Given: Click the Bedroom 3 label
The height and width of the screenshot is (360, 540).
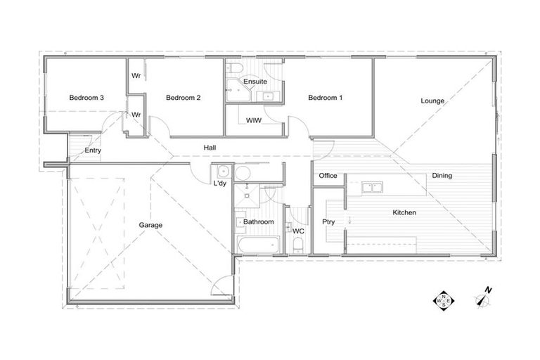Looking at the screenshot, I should pyautogui.click(x=86, y=98).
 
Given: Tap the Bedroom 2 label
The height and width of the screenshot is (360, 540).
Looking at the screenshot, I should pyautogui.click(x=184, y=98).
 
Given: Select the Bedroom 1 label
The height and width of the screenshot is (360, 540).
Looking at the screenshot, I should pyautogui.click(x=325, y=98).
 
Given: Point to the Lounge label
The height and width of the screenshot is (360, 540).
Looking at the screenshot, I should pyautogui.click(x=432, y=101).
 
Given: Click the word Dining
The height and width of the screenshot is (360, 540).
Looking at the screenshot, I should pyautogui.click(x=442, y=176).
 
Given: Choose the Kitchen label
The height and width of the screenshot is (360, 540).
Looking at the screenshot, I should pyautogui.click(x=404, y=212).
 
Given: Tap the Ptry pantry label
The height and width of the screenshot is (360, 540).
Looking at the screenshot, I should pyautogui.click(x=328, y=222).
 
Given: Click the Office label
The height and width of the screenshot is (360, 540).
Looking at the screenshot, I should pyautogui.click(x=328, y=176).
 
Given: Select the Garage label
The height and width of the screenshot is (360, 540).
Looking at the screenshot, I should pyautogui.click(x=150, y=225).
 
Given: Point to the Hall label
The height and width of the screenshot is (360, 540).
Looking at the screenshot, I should pyautogui.click(x=210, y=148).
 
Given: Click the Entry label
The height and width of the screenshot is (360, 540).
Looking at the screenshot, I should pyautogui.click(x=92, y=150).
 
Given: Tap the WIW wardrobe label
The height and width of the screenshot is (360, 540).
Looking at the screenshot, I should pyautogui.click(x=254, y=120).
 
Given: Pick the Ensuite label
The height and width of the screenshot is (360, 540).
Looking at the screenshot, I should pyautogui.click(x=255, y=82).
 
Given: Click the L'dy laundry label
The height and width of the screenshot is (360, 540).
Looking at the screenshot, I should pyautogui.click(x=219, y=184).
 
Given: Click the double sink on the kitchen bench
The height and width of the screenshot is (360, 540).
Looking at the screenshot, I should pyautogui.click(x=372, y=188).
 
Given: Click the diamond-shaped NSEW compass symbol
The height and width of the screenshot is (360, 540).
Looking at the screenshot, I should pyautogui.click(x=444, y=300).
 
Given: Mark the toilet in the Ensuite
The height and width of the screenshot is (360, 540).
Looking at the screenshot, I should pyautogui.click(x=236, y=67).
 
